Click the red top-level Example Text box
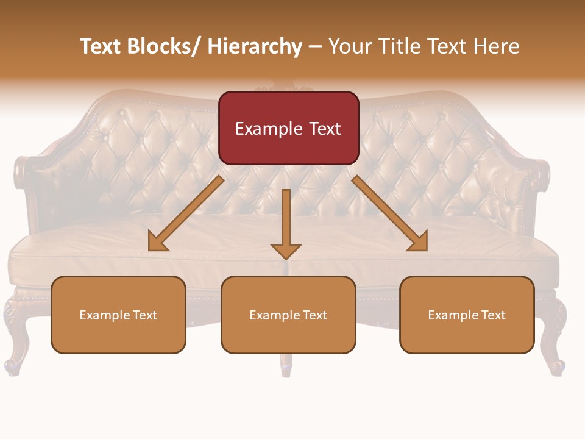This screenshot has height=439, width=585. pyautogui.click(x=288, y=128)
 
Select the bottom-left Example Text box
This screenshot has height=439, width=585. pyautogui.click(x=118, y=315)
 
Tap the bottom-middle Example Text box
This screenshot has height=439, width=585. pyautogui.click(x=288, y=315)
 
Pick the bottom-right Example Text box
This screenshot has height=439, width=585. pyautogui.click(x=467, y=315)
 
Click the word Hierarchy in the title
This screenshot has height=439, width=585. pyautogui.click(x=255, y=46)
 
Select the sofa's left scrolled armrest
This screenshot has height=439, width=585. pyautogui.click(x=27, y=183)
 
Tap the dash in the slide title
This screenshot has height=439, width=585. pyautogui.click(x=315, y=46)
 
